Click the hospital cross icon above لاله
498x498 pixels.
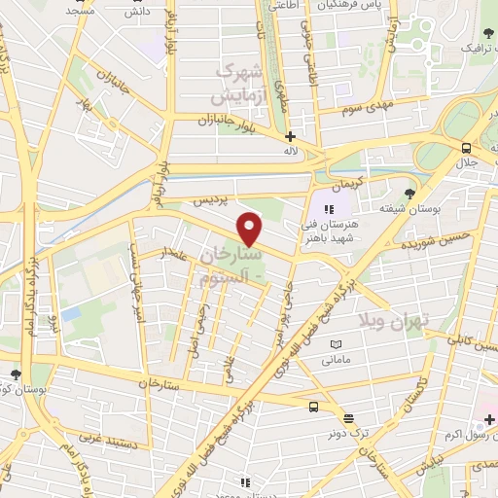coord(290,137)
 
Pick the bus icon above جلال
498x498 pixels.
coord(468,147)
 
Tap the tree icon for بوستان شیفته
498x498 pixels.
coord(410,194)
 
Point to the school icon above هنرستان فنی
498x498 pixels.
coord(329,208)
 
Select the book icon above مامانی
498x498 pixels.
coord(337,344)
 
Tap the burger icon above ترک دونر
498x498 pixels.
coord(314,408)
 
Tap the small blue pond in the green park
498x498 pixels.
coord(70,314)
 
